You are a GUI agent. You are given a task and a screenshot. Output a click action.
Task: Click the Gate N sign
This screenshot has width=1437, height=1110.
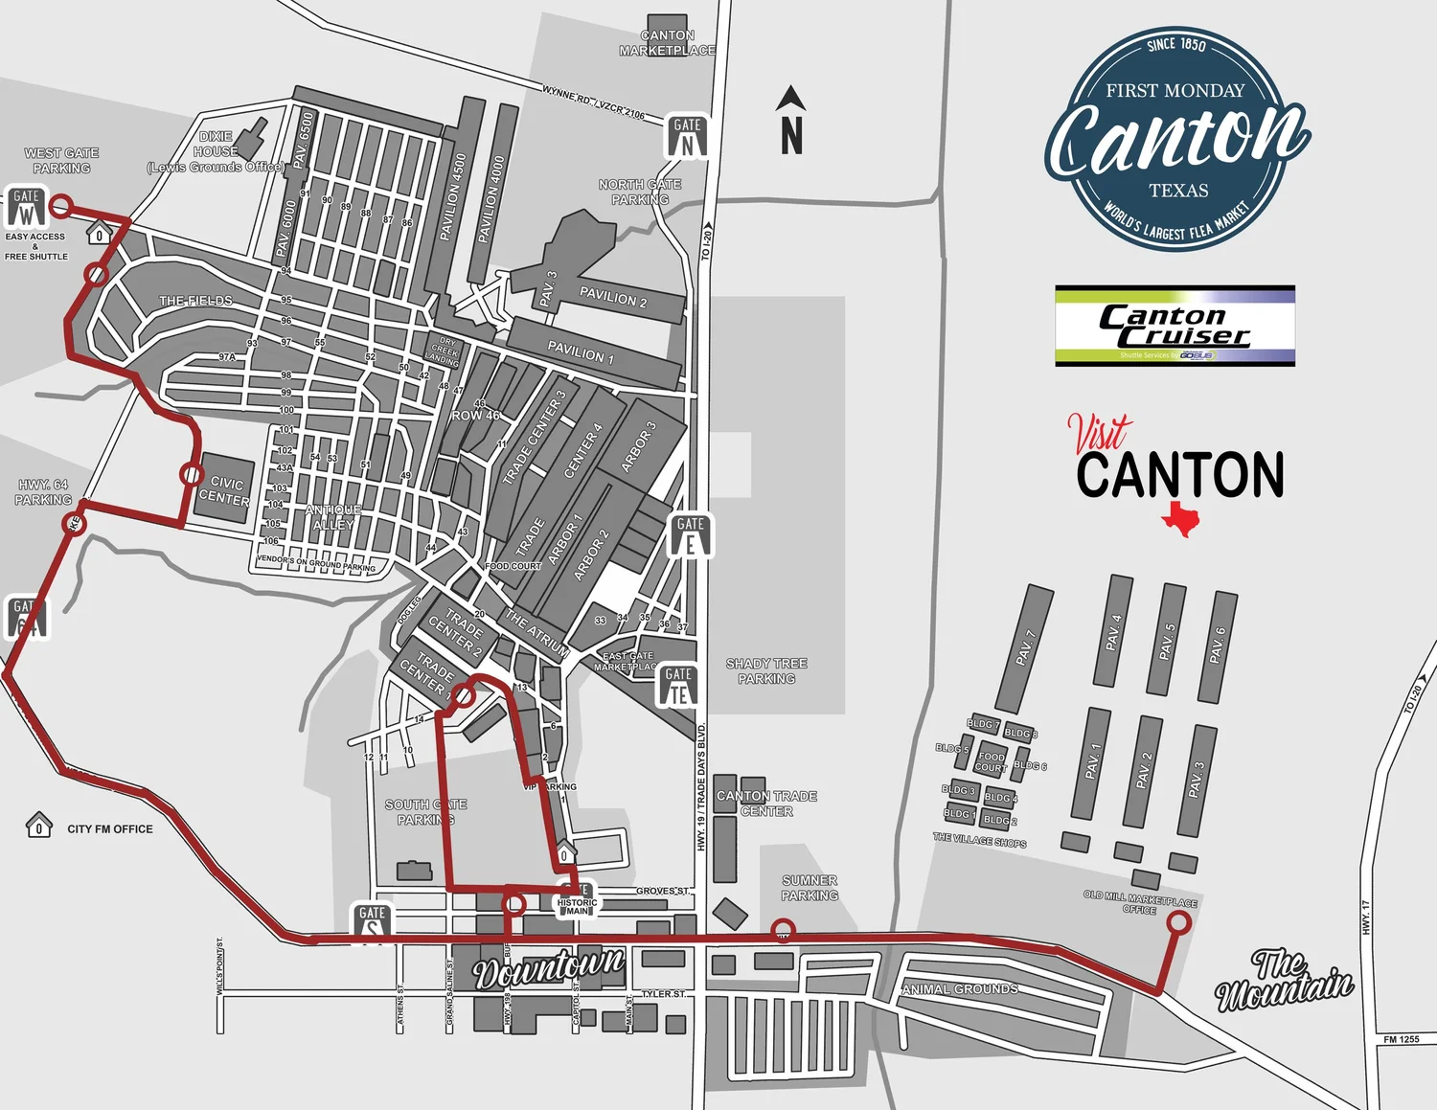pyautogui.click(x=687, y=136)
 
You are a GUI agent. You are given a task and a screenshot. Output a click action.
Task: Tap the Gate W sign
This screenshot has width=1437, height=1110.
pyautogui.click(x=26, y=206)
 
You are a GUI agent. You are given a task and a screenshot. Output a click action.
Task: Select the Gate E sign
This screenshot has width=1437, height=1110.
pyautogui.click(x=690, y=534)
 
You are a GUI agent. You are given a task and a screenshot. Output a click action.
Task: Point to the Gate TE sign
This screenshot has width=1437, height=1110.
pyautogui.click(x=678, y=686)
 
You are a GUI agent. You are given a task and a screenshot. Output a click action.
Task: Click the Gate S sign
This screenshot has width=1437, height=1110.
pyautogui.click(x=372, y=922)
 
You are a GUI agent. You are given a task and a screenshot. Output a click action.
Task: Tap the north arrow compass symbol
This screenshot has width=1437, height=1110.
pyautogui.click(x=790, y=121)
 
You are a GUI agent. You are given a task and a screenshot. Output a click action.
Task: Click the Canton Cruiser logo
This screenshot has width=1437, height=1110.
pyautogui.click(x=1175, y=326)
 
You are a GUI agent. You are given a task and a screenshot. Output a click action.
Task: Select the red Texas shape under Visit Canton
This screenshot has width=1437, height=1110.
pyautogui.click(x=1180, y=518)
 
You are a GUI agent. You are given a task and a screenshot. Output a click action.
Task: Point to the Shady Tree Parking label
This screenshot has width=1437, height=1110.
pyautogui.click(x=766, y=670)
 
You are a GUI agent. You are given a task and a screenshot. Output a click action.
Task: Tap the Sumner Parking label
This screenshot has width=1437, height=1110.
pyautogui.click(x=810, y=888)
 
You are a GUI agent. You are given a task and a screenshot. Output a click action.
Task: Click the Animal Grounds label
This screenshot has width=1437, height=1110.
pyautogui.click(x=960, y=988)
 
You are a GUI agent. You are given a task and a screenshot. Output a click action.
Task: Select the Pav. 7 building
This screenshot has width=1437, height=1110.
pyautogui.click(x=1024, y=648)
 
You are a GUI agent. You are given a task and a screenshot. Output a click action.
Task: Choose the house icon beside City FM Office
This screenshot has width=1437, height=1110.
pyautogui.click(x=38, y=825)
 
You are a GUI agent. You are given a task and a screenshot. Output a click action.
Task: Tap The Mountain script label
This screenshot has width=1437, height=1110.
pyautogui.click(x=1284, y=979)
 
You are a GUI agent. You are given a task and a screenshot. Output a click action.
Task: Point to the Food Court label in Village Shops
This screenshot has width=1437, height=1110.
pyautogui.click(x=991, y=761)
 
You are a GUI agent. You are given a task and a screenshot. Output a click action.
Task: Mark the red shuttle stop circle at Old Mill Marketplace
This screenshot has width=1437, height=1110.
pyautogui.click(x=1179, y=922)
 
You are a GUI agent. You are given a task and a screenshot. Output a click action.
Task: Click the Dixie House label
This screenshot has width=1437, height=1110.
pyautogui.click(x=216, y=151)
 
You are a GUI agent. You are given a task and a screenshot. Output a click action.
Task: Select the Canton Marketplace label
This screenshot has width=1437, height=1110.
pyautogui.click(x=667, y=43)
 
